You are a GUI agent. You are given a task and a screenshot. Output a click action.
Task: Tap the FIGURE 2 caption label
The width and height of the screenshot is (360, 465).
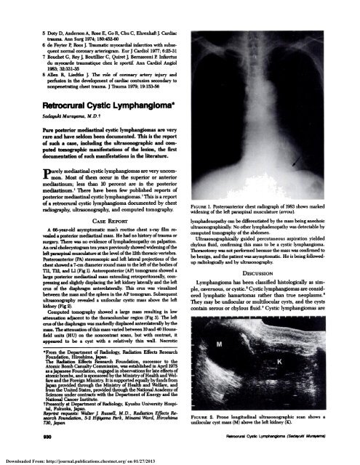click(x=199, y=416)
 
